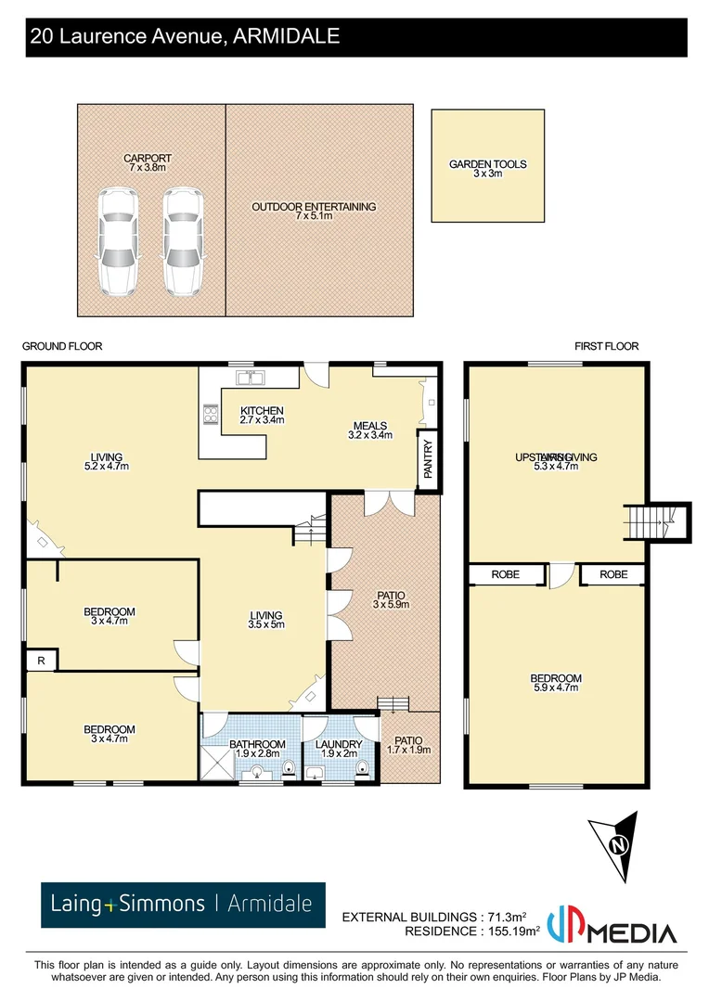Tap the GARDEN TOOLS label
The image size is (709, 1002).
[487, 165]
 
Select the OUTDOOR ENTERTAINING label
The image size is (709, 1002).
[314, 207]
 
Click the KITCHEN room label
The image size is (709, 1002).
[262, 411]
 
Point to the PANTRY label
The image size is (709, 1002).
[428, 459]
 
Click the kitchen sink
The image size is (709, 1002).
[251, 378]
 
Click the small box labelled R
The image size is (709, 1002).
[42, 661]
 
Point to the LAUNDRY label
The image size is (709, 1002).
[338, 744]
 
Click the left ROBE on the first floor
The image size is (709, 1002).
[507, 575]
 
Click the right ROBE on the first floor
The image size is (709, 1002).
[613, 575]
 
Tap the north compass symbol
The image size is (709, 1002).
[615, 845]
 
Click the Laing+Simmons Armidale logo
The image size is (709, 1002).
[183, 904]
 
